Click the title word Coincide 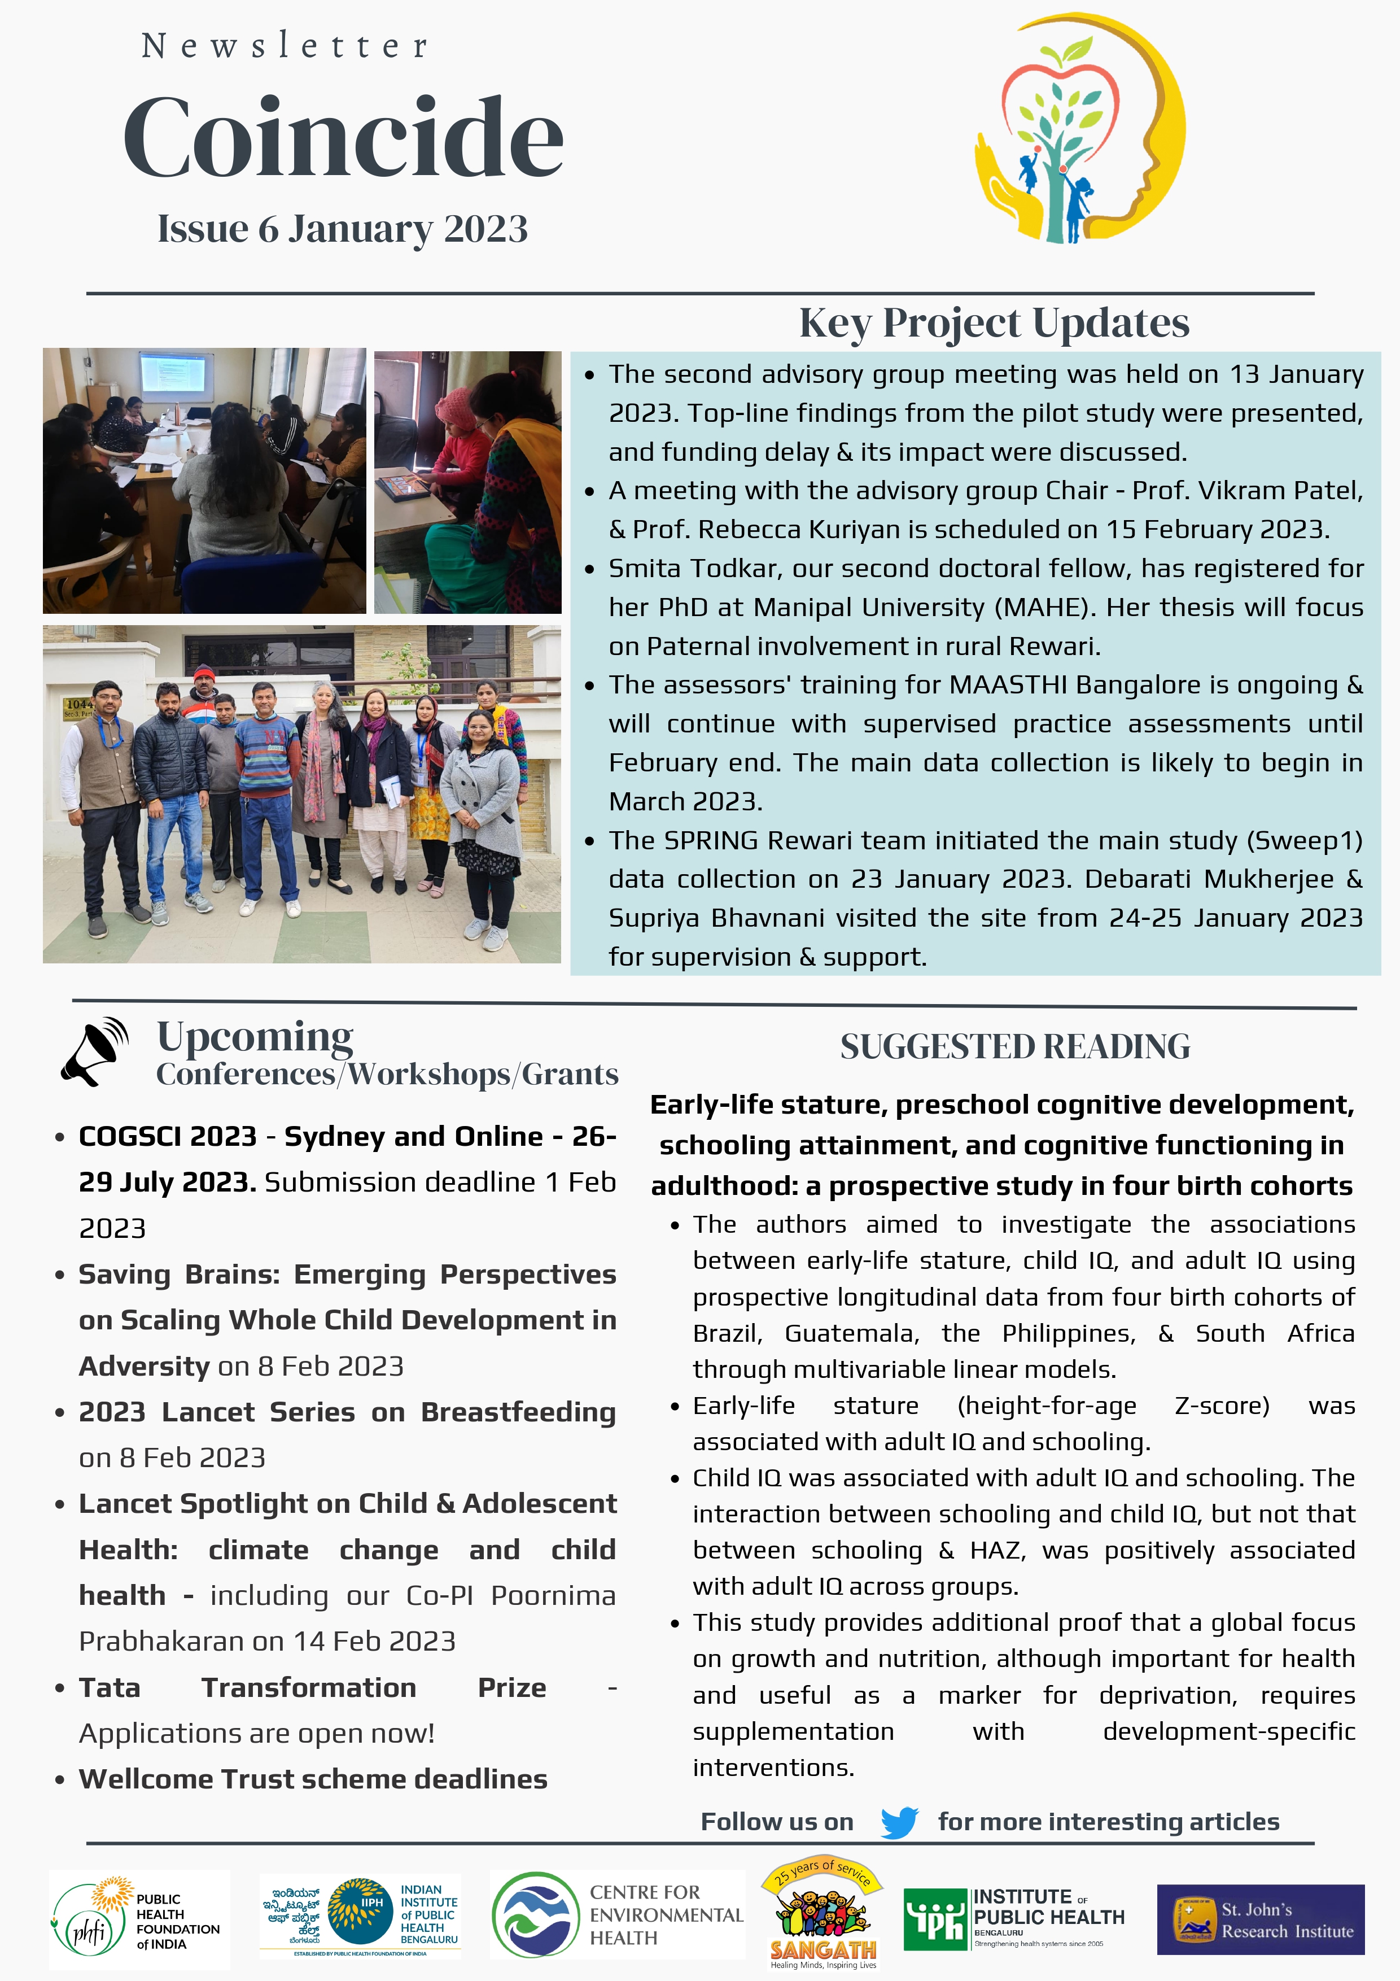pyautogui.click(x=343, y=138)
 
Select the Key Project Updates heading pyautogui.click(x=994, y=322)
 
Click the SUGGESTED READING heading pyautogui.click(x=1014, y=1046)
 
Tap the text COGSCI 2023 pyautogui.click(x=167, y=1136)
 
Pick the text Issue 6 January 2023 pyautogui.click(x=343, y=229)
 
